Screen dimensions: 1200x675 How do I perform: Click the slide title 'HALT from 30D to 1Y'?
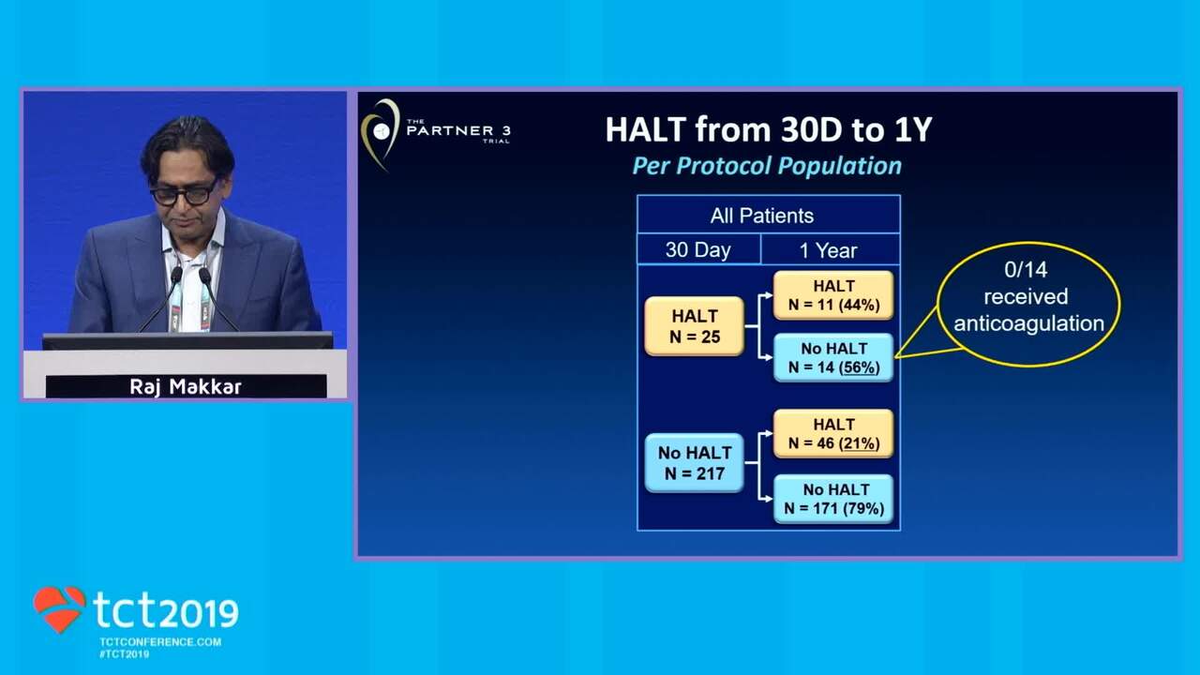coord(769,129)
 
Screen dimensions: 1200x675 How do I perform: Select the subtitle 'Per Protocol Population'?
coord(767,166)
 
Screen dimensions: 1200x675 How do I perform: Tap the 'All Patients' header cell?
coord(768,216)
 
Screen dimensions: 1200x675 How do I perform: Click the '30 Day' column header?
coord(698,249)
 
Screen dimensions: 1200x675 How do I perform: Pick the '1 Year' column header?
coord(830,250)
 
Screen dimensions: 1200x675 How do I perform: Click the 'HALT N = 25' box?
coord(695,326)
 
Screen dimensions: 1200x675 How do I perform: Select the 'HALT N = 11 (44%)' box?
coord(833,295)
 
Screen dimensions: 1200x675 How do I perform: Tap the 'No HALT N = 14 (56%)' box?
coord(833,358)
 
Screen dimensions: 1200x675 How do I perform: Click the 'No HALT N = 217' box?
coord(695,463)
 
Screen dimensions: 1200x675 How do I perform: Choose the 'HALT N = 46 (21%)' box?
coord(833,434)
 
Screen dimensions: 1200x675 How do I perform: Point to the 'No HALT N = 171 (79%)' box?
coord(833,499)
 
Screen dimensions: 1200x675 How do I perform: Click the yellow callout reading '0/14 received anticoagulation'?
coord(1027,303)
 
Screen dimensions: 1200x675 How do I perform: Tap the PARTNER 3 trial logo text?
coord(458,130)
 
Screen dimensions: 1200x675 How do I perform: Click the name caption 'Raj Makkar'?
coord(186,387)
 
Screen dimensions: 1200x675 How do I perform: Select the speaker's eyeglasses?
coord(185,194)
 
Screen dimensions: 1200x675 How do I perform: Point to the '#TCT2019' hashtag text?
coord(125,654)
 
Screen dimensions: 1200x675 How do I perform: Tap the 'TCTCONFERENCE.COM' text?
coord(160,642)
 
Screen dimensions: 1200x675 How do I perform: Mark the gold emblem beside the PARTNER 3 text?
coord(381,133)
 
